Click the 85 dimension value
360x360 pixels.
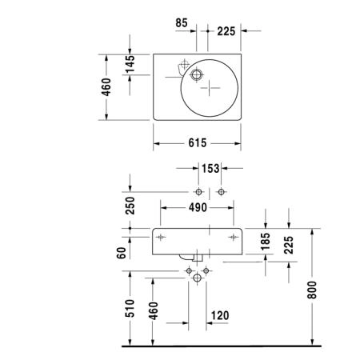coord(182,23)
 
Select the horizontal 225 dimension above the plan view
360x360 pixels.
coord(226,31)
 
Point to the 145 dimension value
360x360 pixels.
coord(130,64)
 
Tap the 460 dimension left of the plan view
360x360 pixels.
coord(106,87)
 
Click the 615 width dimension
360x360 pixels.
coord(198,143)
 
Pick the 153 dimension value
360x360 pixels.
coord(210,169)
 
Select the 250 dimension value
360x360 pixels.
coord(130,206)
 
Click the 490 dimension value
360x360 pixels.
coord(198,207)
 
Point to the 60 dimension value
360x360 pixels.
coord(121,253)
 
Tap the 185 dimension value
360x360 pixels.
coord(266,242)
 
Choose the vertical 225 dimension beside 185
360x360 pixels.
coord(289,245)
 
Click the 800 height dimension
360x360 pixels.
coord(312,290)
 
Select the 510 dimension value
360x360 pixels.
coord(130,308)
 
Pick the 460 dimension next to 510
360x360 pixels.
coord(154,310)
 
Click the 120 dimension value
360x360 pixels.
coord(220,315)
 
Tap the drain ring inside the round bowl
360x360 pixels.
coord(197,74)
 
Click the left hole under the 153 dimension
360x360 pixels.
coord(198,192)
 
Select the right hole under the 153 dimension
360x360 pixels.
coord(221,192)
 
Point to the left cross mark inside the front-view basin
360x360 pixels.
coord(161,237)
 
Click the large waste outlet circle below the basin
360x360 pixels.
coord(197,278)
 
